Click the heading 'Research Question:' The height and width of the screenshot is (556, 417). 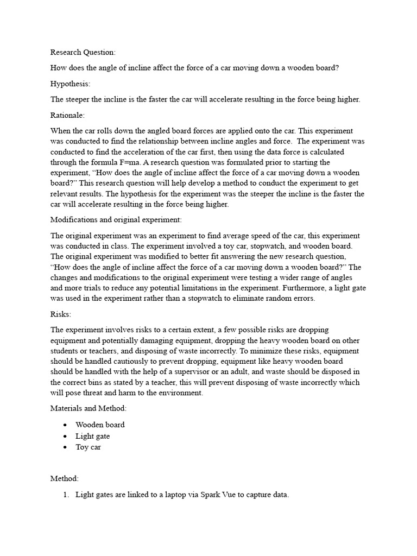click(x=83, y=52)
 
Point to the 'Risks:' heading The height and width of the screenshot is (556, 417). click(x=61, y=314)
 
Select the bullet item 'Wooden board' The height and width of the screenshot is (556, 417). click(x=100, y=425)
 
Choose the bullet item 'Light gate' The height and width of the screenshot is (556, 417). click(x=92, y=436)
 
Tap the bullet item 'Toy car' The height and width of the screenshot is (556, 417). click(x=88, y=447)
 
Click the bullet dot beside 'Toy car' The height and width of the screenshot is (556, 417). click(x=65, y=447)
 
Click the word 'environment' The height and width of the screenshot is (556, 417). click(x=181, y=393)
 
